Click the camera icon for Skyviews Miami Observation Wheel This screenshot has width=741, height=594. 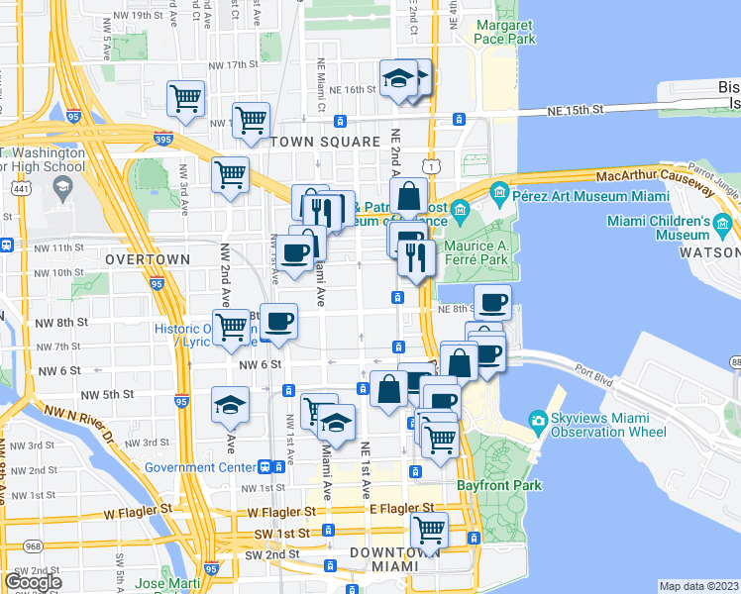coord(538,420)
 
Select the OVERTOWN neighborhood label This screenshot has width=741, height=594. coord(147,258)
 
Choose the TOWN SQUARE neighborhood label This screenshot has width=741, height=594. coord(326,142)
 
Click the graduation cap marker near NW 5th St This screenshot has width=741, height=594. coord(230,404)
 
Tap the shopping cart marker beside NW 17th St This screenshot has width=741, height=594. coord(185,97)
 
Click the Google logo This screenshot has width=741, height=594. coord(32,581)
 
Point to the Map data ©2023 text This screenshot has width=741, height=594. coord(697,586)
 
